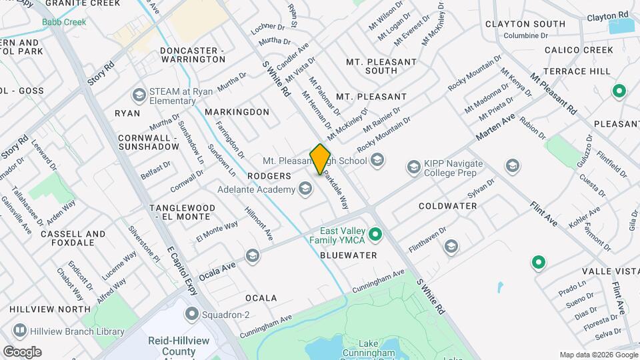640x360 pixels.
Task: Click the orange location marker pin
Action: (320, 159)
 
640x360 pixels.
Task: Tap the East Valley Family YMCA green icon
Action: (375, 234)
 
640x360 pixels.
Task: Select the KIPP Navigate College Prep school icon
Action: (413, 165)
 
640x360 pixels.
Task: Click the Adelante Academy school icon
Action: (305, 189)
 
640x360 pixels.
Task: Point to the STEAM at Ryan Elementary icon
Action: (139, 94)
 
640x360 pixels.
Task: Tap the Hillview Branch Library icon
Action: (20, 331)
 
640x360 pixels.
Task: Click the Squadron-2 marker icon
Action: (193, 313)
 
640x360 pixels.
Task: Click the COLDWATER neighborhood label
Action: (447, 206)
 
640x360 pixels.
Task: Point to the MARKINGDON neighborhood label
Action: (237, 112)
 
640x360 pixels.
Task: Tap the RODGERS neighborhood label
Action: (269, 176)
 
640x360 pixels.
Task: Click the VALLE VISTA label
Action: (610, 271)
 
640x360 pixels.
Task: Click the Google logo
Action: (22, 351)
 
